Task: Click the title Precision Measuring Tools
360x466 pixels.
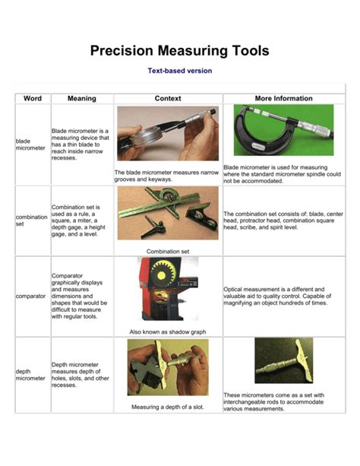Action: (179, 51)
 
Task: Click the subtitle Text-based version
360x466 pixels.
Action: (179, 71)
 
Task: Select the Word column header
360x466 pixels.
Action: (33, 98)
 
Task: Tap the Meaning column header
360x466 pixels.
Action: (81, 98)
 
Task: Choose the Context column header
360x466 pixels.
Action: (167, 98)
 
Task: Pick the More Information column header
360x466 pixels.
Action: (283, 98)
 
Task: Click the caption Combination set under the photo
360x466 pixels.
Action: (167, 251)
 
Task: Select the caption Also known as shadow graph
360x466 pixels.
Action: (167, 331)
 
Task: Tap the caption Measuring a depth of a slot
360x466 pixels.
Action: (167, 407)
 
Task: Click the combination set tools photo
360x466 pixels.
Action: (167, 214)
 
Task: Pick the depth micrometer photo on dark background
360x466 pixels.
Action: (283, 360)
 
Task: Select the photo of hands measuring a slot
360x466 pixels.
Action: (166, 368)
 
